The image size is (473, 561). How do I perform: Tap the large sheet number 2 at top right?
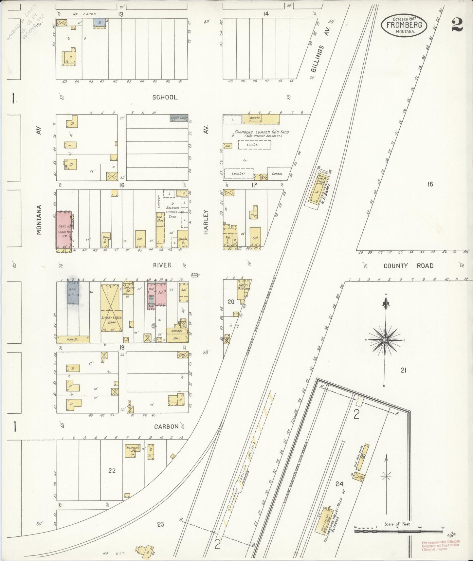click(457, 25)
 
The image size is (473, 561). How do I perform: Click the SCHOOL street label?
click(165, 97)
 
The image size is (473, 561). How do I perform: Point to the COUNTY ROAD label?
click(409, 266)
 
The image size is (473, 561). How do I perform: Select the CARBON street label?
click(166, 426)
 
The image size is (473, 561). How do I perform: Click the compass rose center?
click(385, 340)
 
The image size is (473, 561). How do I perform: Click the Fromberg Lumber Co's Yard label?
click(261, 132)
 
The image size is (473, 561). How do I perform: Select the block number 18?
click(430, 184)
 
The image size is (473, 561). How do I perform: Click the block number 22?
click(112, 471)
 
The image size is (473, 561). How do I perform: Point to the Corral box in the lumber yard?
click(277, 173)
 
